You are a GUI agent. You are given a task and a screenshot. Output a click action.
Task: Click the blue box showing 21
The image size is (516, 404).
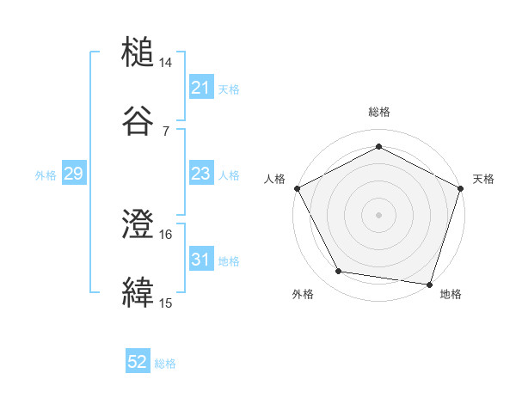click(x=200, y=88)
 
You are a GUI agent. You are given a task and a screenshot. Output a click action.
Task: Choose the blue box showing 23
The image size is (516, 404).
click(x=200, y=174)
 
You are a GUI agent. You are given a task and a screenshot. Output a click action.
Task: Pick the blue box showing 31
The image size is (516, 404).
click(x=200, y=260)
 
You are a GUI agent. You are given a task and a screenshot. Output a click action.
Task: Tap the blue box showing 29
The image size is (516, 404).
click(x=73, y=174)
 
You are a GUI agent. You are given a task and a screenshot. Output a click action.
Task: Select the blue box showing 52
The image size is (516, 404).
click(x=138, y=363)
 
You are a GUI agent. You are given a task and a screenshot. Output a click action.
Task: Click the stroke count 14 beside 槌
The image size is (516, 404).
click(x=166, y=64)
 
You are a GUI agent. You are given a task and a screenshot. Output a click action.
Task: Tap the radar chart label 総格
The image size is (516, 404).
click(x=378, y=112)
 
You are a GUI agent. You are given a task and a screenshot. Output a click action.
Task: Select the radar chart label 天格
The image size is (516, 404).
click(x=483, y=179)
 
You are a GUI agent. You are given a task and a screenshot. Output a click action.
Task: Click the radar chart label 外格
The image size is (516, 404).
click(x=303, y=294)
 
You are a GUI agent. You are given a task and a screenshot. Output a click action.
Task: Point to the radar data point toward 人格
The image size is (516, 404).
click(x=297, y=187)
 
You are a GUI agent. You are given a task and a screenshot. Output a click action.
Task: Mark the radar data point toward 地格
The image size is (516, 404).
click(x=429, y=284)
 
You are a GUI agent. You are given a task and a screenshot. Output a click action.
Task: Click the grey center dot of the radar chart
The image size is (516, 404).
click(x=378, y=214)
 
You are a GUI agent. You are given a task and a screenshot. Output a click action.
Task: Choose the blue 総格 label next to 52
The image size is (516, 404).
click(x=165, y=364)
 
